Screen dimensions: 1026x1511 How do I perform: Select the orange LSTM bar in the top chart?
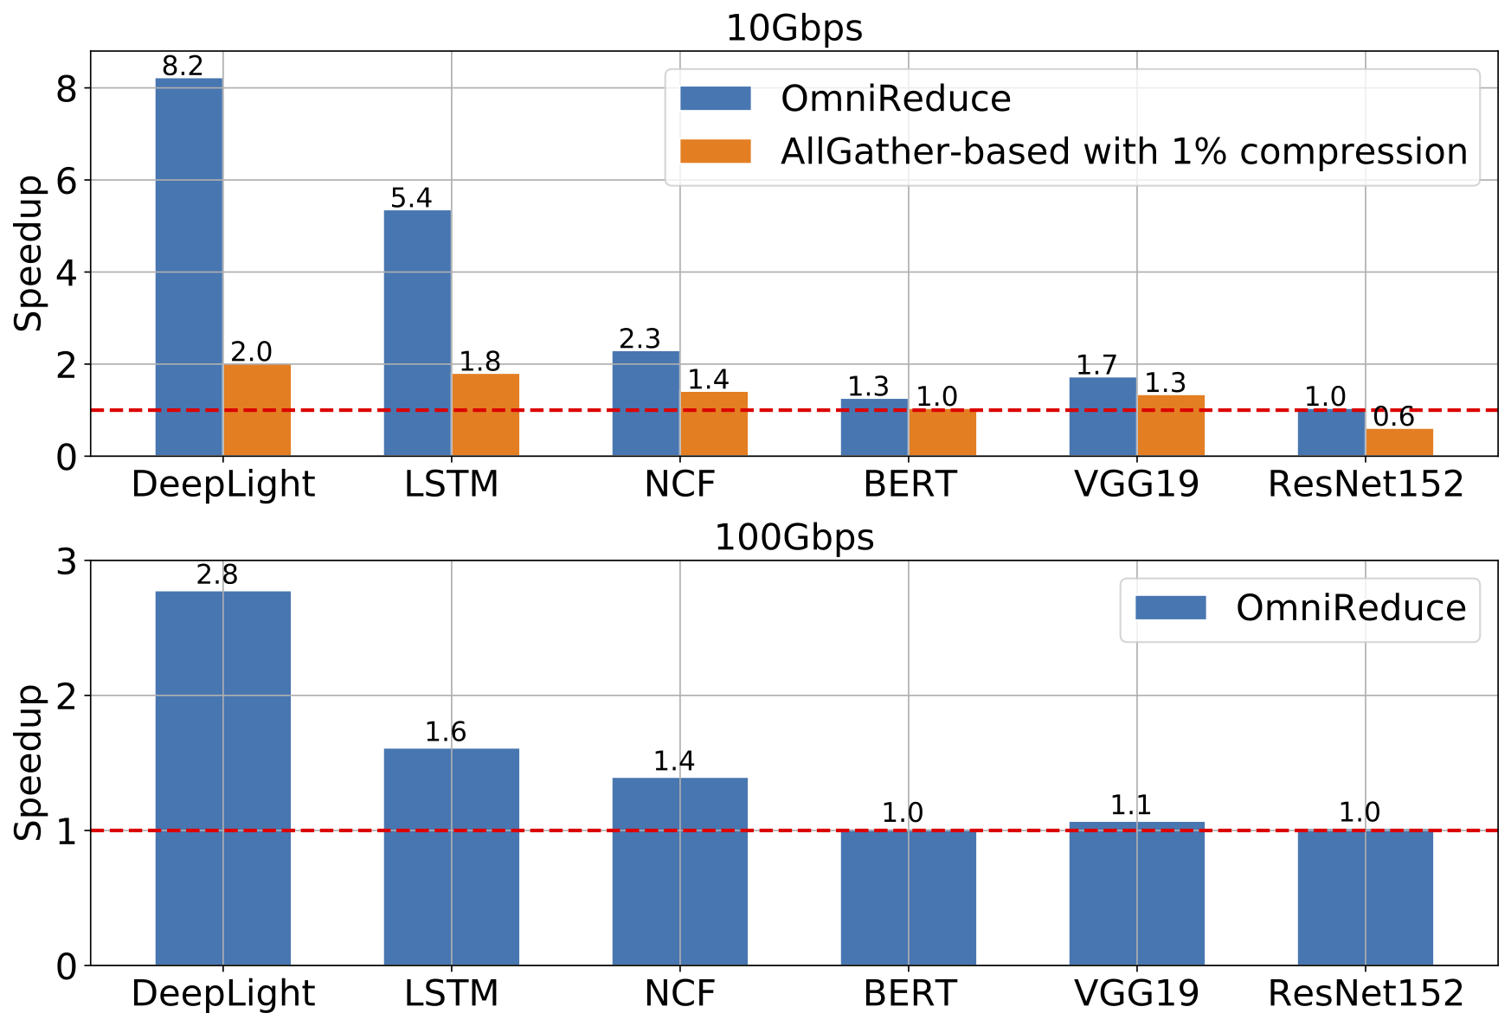[x=485, y=414]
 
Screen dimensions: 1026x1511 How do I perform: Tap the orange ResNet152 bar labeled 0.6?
[x=1399, y=442]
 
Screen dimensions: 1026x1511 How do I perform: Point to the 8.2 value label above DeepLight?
[x=183, y=66]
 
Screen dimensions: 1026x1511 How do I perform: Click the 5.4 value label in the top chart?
[x=411, y=198]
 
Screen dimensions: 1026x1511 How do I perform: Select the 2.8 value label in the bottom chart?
[x=217, y=574]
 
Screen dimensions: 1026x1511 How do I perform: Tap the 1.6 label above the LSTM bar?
[x=446, y=733]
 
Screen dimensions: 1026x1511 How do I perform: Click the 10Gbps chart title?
[x=794, y=28]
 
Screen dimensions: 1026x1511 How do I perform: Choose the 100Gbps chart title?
[x=794, y=537]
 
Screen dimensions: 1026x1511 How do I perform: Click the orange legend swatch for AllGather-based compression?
[x=715, y=151]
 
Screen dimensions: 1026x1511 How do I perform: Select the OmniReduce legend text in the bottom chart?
[x=1351, y=608]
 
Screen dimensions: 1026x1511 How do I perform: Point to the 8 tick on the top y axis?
[x=67, y=89]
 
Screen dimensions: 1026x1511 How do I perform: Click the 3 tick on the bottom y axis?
[x=67, y=561]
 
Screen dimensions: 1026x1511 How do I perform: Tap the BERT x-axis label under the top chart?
[x=910, y=484]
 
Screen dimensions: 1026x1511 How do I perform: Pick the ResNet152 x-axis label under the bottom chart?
[x=1366, y=993]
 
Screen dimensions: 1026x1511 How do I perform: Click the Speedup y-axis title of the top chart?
[x=29, y=253]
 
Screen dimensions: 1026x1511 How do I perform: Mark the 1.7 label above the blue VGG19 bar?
[x=1096, y=365]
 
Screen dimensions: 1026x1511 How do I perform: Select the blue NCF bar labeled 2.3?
[x=646, y=403]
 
